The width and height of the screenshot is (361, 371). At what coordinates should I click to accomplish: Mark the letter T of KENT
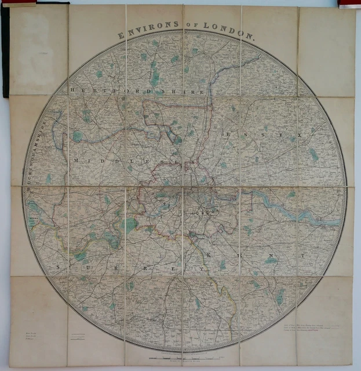[x=301, y=254]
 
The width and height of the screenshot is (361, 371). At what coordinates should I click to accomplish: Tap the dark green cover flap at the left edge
[x=5, y=52]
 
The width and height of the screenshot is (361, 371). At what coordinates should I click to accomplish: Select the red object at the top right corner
[x=349, y=4]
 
